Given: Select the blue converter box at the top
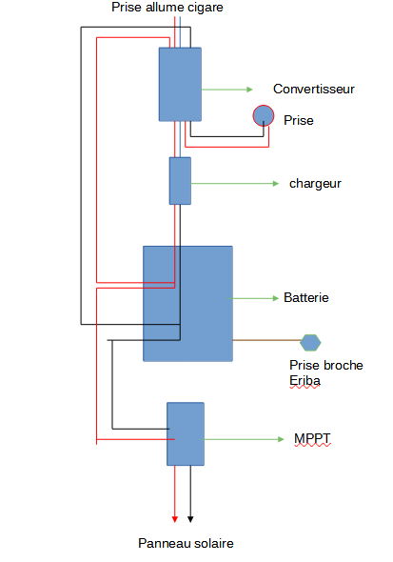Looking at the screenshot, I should pos(180,84).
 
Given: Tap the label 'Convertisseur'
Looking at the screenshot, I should pos(313,89).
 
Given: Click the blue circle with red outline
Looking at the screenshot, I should pos(263,116).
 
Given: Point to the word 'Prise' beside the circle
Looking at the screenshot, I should pos(298,121).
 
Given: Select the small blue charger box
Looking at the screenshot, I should pos(180,180).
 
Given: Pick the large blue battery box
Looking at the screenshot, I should pos(187,303).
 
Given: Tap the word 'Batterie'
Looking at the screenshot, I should pos(306,298).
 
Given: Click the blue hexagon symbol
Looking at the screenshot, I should pos(310,341).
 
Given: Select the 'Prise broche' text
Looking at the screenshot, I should pos(326,365).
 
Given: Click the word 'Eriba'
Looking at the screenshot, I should pos(305,380).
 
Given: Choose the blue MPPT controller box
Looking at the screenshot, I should pos(186,433).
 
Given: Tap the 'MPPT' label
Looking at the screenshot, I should pos(312,439).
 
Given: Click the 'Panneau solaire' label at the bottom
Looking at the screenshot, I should pos(186,543).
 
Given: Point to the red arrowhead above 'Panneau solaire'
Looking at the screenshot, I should pos(175,518).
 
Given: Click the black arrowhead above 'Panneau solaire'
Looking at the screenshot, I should pos(190,518).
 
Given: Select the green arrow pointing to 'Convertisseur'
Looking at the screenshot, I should pos(227,90).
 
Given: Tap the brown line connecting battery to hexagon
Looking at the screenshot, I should pos(265,339).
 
